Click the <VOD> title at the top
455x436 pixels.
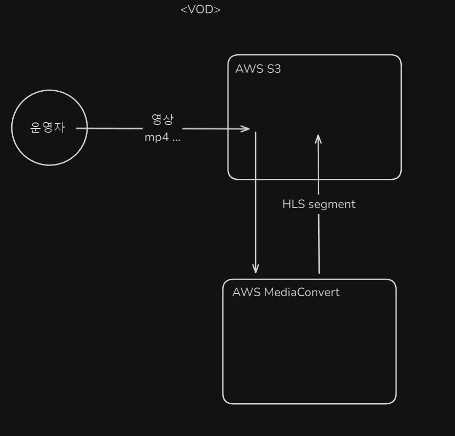tap(200, 10)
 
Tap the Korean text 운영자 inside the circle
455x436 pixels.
tap(48, 128)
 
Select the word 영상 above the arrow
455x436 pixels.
tap(162, 120)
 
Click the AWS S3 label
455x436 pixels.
tap(258, 69)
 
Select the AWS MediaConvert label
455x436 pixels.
tap(285, 293)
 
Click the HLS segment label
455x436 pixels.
tap(319, 204)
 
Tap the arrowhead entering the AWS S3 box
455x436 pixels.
tap(246, 129)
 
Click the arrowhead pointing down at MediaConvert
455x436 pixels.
tap(256, 268)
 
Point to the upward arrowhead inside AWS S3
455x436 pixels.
tap(318, 139)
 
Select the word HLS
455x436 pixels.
tap(294, 204)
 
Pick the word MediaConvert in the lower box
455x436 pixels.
tap(301, 293)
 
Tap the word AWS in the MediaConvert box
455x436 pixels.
tap(246, 293)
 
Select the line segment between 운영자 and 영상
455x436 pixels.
tap(110, 128)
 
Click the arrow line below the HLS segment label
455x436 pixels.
tap(319, 243)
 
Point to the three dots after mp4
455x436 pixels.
tap(176, 139)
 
